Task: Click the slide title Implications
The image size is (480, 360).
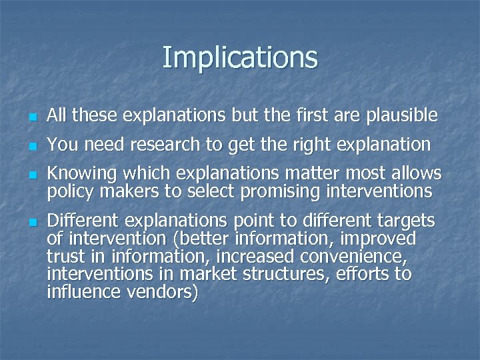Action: [x=240, y=57]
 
